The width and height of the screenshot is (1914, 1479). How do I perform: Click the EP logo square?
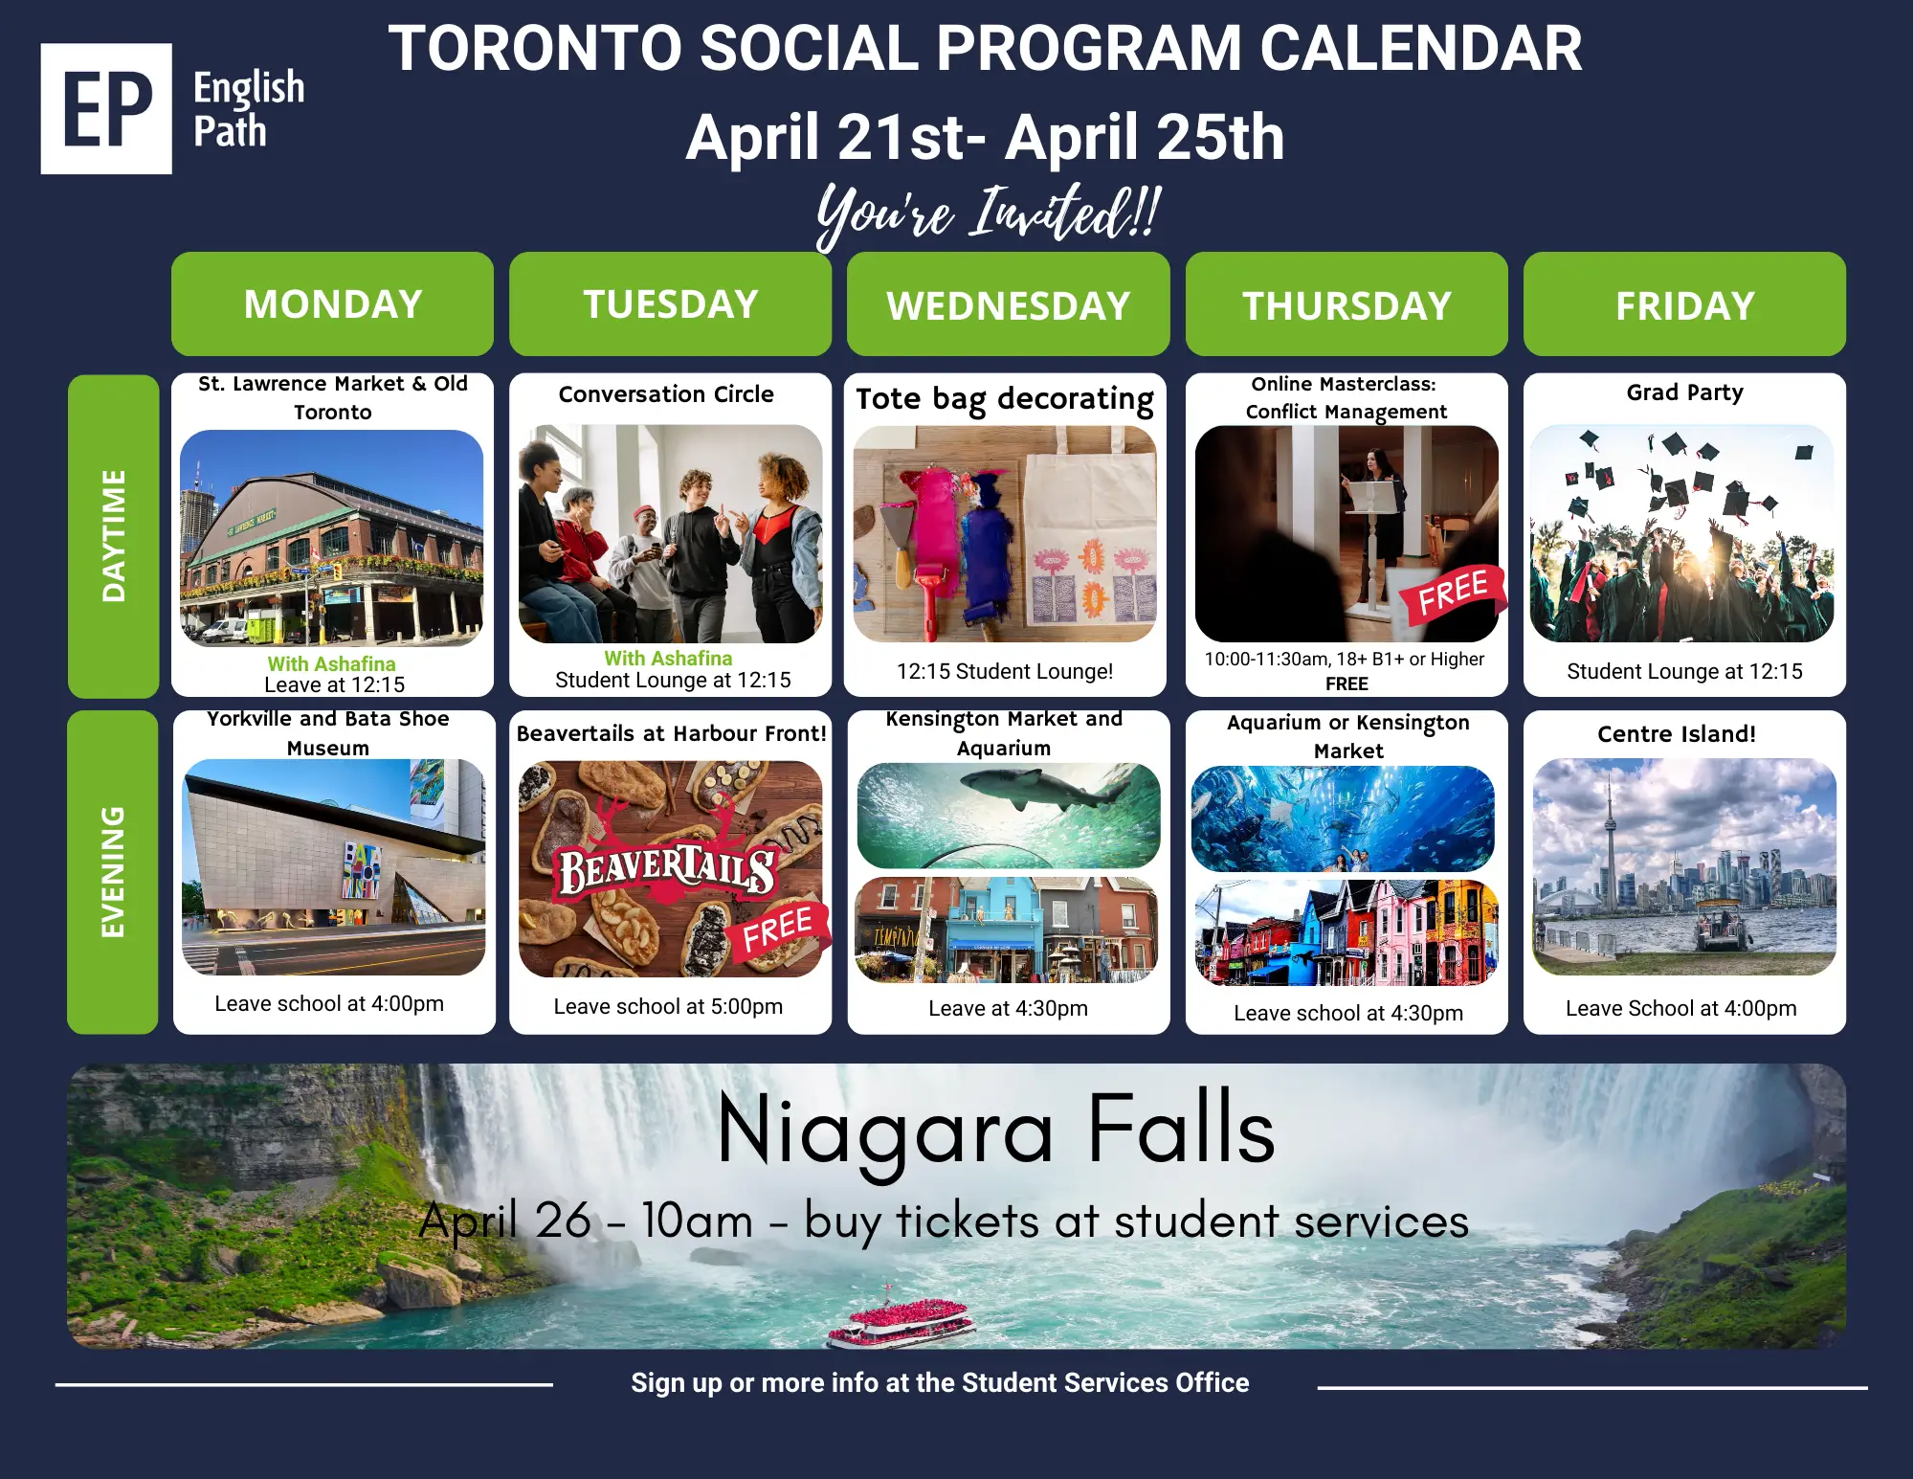(106, 108)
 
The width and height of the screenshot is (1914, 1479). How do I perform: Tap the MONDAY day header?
(332, 304)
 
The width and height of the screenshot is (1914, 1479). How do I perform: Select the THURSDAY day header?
(1346, 304)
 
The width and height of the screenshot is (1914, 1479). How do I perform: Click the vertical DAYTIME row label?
(114, 535)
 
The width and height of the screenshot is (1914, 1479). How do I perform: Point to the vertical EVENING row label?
(113, 872)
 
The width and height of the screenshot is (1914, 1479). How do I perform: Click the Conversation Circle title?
(666, 394)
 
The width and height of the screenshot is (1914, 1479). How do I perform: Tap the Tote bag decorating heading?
(1005, 399)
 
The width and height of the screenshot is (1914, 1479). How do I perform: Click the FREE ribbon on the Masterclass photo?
(1453, 593)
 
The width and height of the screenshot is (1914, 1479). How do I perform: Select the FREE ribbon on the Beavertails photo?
(778, 930)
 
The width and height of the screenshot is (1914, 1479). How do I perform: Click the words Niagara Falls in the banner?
(996, 1131)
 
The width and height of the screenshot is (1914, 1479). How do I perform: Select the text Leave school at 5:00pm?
(668, 1006)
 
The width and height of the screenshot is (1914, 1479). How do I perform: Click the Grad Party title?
(1684, 392)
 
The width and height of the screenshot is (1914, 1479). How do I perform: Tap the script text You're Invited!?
(989, 213)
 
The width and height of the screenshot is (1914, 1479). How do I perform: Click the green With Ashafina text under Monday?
(331, 663)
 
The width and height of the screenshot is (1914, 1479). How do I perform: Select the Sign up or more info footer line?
(940, 1382)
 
